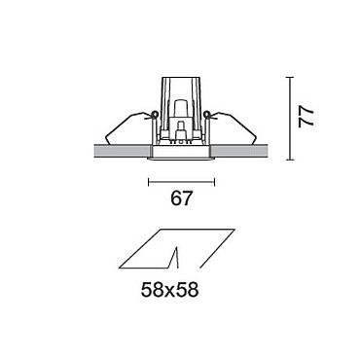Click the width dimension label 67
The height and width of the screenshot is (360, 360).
[x=182, y=198]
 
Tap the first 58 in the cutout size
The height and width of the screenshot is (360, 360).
[x=152, y=290]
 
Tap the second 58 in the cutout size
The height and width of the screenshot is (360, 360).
[x=188, y=290]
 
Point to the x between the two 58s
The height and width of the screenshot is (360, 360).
[x=169, y=292]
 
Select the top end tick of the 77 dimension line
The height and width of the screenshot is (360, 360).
[x=290, y=78]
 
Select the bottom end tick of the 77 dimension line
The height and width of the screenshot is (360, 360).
[x=290, y=160]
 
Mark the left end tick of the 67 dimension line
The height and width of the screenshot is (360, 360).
[x=149, y=182]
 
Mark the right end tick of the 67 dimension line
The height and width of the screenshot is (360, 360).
[x=214, y=182]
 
